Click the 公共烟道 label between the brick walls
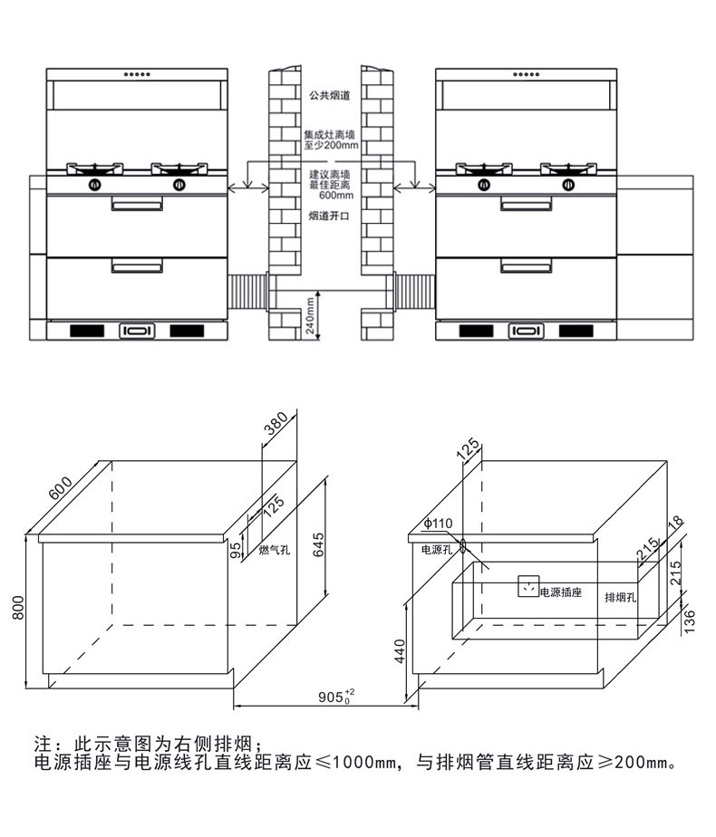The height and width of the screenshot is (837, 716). [329, 94]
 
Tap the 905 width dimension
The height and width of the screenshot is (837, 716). [335, 697]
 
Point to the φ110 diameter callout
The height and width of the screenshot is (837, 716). [437, 524]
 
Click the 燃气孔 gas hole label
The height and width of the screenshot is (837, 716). [274, 550]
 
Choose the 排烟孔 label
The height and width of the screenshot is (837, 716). [622, 598]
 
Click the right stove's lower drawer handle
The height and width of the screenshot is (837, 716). [526, 265]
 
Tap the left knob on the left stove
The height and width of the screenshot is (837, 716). [93, 186]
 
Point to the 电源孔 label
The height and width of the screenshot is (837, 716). [437, 549]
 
